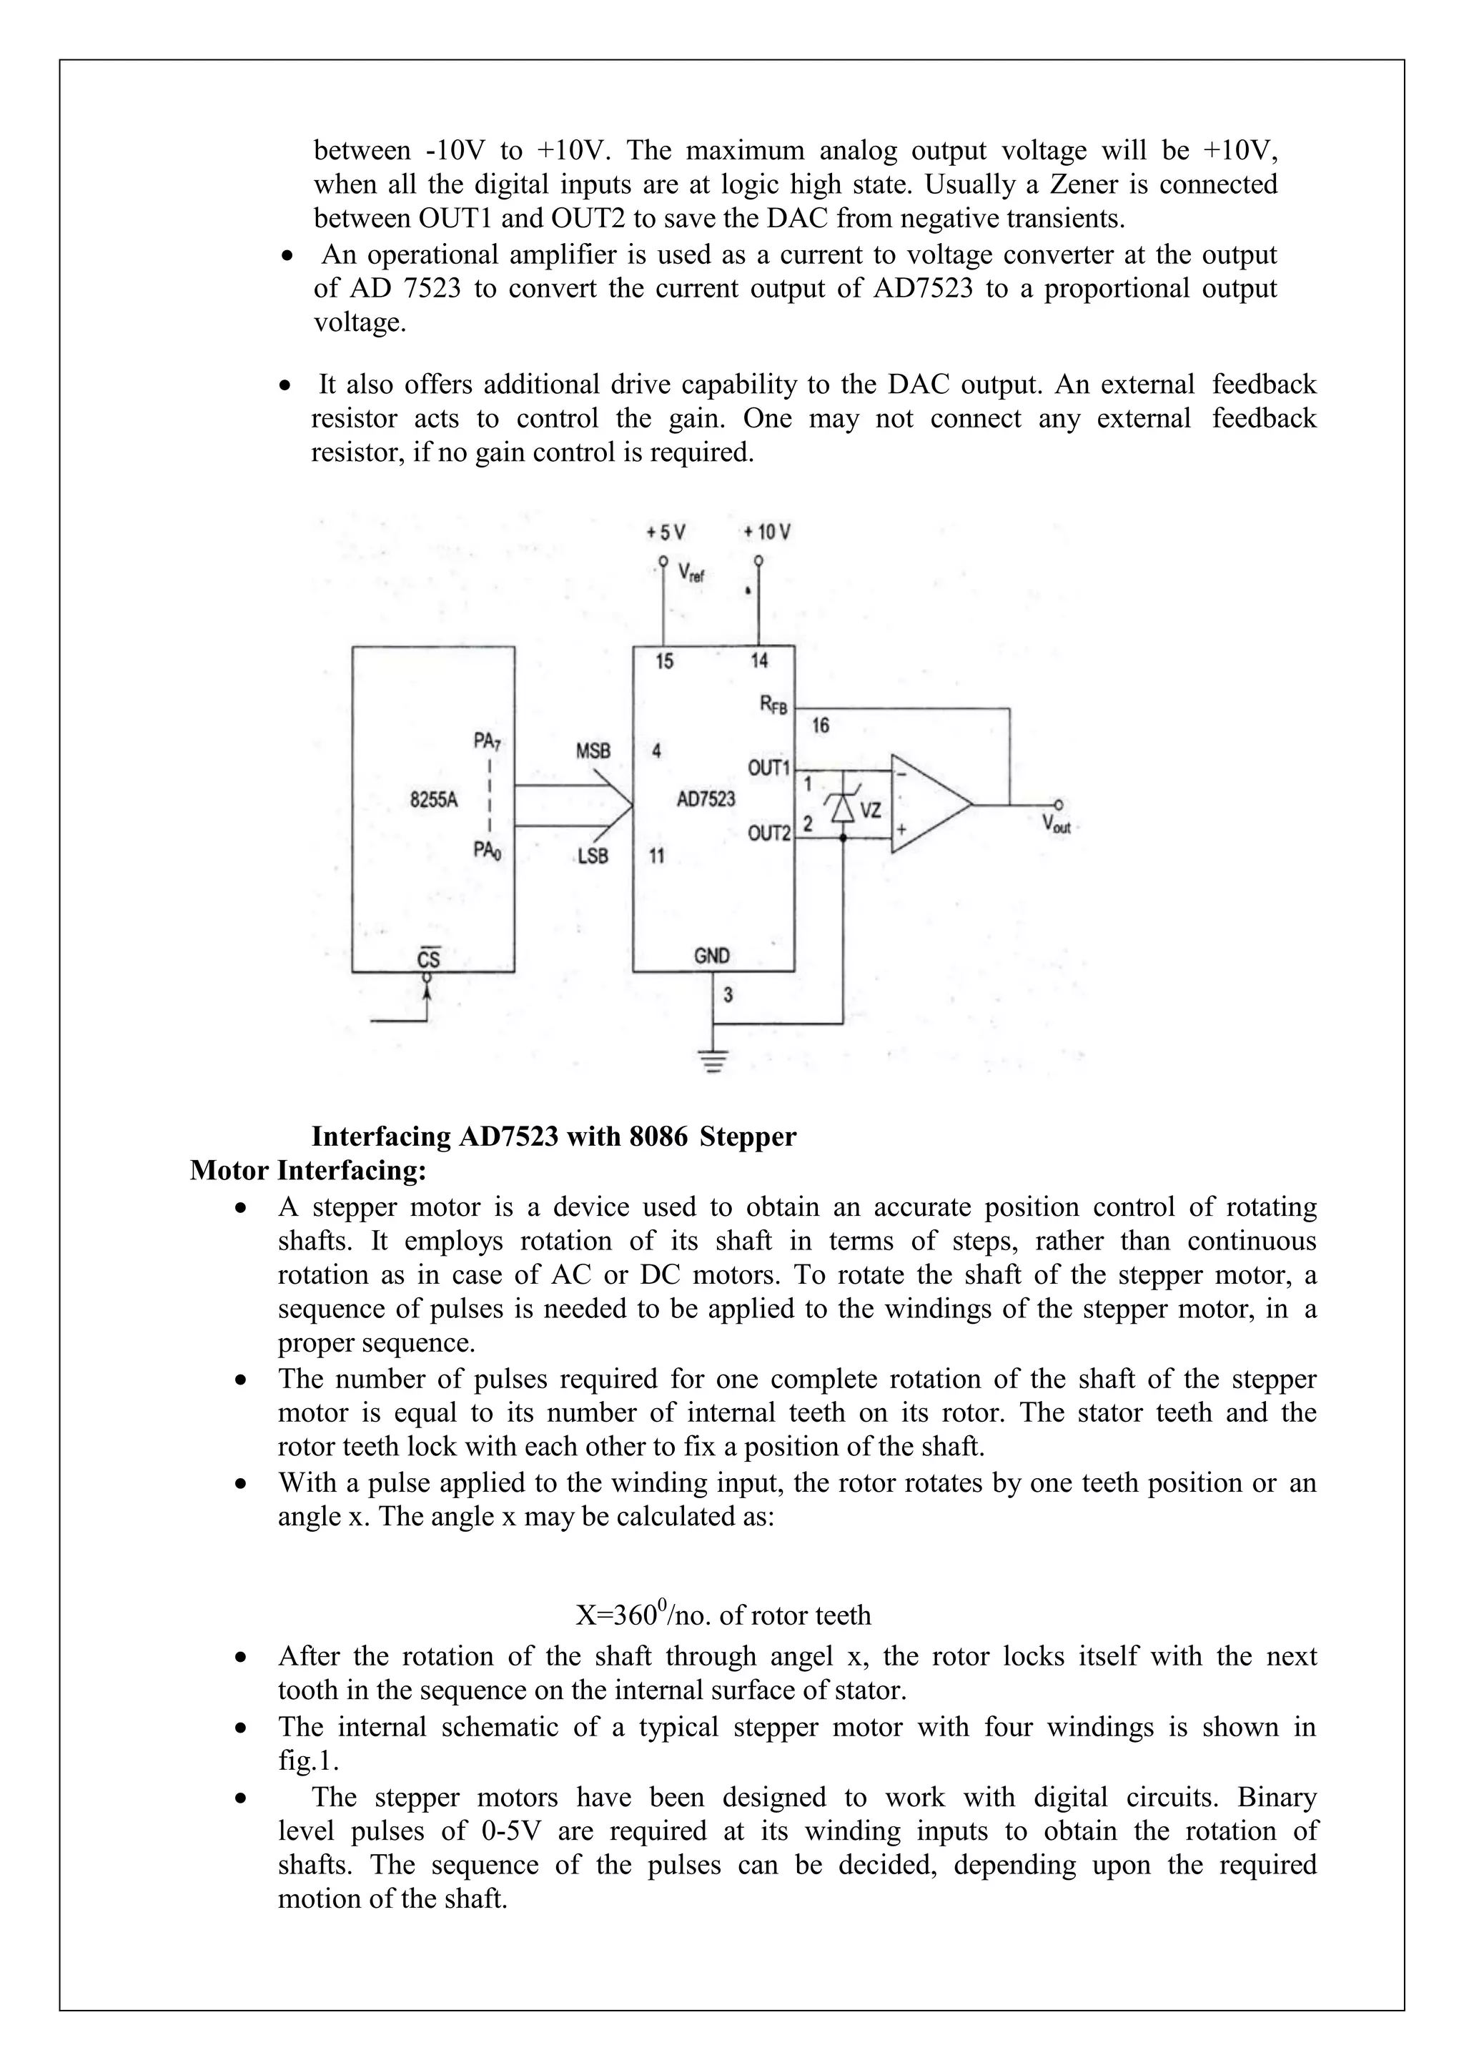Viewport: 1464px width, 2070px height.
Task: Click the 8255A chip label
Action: click(434, 799)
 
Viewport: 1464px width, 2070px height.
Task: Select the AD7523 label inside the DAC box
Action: click(706, 799)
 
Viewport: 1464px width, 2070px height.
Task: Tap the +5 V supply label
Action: click(666, 532)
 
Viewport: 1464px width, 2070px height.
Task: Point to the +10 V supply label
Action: click(767, 532)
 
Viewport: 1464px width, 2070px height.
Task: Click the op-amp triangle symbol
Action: click(929, 803)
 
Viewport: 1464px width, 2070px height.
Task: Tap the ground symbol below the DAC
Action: click(713, 1060)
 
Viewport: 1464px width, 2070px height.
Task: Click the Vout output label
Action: click(1056, 823)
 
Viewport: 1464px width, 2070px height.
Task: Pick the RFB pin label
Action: click(773, 706)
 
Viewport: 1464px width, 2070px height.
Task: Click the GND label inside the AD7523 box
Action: click(712, 956)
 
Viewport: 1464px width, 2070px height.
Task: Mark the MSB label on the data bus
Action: click(593, 750)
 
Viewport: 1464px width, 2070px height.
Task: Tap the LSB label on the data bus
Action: click(593, 856)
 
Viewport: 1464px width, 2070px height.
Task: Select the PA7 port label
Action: click(487, 741)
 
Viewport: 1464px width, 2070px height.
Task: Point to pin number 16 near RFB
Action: click(821, 726)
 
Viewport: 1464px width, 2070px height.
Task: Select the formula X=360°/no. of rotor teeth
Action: click(723, 1615)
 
